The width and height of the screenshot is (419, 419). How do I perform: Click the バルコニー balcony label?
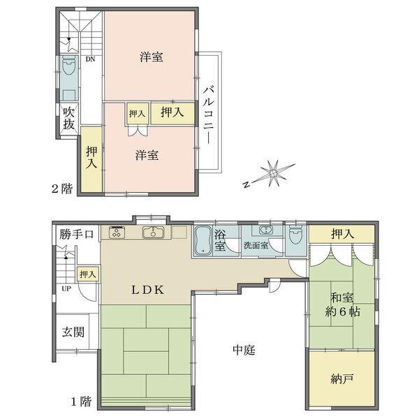click(x=209, y=115)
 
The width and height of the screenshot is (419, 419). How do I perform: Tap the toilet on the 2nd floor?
click(x=68, y=66)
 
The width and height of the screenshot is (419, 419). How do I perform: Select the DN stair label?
click(x=90, y=59)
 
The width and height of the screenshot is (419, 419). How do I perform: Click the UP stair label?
click(x=66, y=288)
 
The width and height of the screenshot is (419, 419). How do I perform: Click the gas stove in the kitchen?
click(x=117, y=233)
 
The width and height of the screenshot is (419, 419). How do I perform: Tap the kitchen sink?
click(x=154, y=232)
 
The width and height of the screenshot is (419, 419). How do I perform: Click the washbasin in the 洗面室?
click(x=265, y=230)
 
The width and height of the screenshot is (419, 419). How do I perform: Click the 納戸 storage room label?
click(x=342, y=379)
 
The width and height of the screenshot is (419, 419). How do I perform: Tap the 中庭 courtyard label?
click(x=244, y=350)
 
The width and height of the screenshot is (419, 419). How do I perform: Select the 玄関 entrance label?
click(x=73, y=332)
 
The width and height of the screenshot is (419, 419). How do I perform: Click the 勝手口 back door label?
click(x=76, y=235)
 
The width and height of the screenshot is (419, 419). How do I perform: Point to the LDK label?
click(x=147, y=290)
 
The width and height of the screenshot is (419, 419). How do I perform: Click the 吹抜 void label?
click(x=68, y=119)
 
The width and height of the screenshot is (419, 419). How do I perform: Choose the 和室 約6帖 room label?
click(x=343, y=305)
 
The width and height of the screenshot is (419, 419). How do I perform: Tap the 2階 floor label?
click(x=62, y=189)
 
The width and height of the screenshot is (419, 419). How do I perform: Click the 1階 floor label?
click(x=81, y=402)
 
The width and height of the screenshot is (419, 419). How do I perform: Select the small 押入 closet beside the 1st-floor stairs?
click(x=88, y=274)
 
